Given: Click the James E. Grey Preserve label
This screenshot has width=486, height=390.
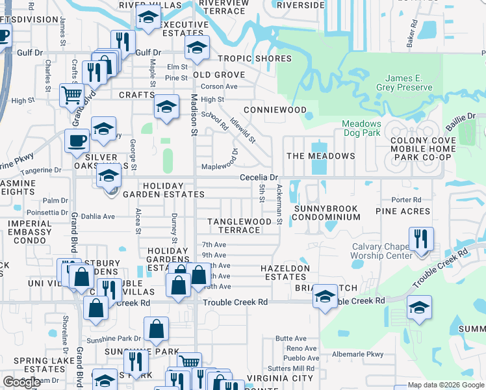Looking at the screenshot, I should pyautogui.click(x=403, y=83).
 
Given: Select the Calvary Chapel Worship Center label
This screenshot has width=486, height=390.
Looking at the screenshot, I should pyautogui.click(x=381, y=251).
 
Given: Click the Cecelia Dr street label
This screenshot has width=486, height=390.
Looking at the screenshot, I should pyautogui.click(x=259, y=177).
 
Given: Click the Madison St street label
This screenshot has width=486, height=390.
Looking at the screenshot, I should pyautogui.click(x=193, y=114).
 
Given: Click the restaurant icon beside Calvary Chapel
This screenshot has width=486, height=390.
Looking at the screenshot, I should pyautogui.click(x=421, y=239).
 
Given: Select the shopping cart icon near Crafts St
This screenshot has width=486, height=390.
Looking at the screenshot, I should pyautogui.click(x=71, y=96).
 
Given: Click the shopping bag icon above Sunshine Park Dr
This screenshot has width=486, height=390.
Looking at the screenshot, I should pyautogui.click(x=157, y=329).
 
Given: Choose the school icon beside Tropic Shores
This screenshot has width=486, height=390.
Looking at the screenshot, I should pyautogui.click(x=197, y=47).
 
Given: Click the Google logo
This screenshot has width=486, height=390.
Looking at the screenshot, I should pyautogui.click(x=21, y=383).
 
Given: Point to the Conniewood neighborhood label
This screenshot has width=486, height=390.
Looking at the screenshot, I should pyautogui.click(x=275, y=110).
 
